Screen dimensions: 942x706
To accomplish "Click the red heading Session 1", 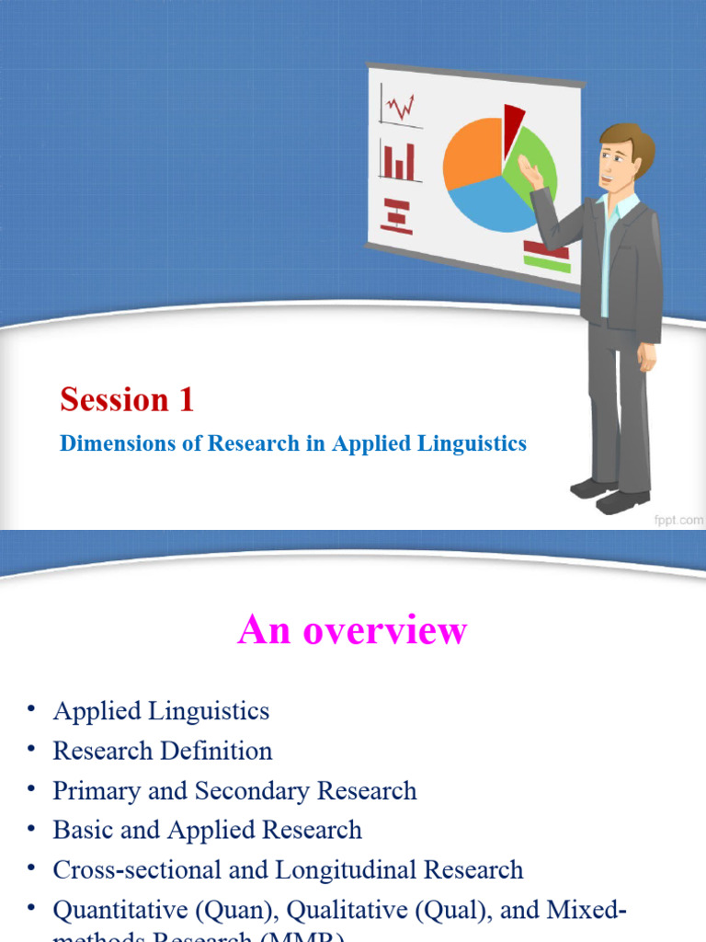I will (x=127, y=399).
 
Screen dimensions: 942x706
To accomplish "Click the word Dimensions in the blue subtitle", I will (x=104, y=443).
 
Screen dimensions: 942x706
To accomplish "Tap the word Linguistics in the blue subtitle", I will (x=475, y=443).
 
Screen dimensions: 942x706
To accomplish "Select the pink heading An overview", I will (x=352, y=631).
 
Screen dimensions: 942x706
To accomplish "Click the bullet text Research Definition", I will (x=163, y=751).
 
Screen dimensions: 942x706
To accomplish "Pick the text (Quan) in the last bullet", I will (x=236, y=911).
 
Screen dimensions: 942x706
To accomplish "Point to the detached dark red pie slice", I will (x=513, y=121).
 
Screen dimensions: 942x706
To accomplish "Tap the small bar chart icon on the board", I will (x=399, y=161).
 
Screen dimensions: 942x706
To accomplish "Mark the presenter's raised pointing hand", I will (x=529, y=170).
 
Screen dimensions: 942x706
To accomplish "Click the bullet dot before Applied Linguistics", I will (x=31, y=708).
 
